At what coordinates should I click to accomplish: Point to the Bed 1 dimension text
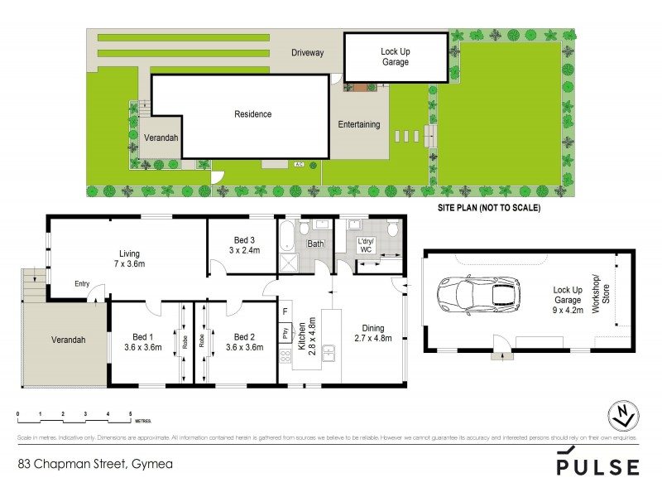[142, 347]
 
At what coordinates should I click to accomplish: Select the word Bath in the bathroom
[315, 244]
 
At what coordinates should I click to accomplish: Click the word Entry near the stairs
[82, 284]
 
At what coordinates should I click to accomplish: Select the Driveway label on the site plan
[307, 53]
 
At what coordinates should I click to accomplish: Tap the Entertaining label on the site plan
[359, 125]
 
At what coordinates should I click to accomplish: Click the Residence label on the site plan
[252, 114]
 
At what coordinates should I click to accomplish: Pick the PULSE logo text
[597, 466]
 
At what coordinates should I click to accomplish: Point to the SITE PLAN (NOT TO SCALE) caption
[488, 209]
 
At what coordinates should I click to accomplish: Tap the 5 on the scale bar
[130, 413]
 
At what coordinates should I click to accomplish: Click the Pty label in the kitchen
[285, 335]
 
